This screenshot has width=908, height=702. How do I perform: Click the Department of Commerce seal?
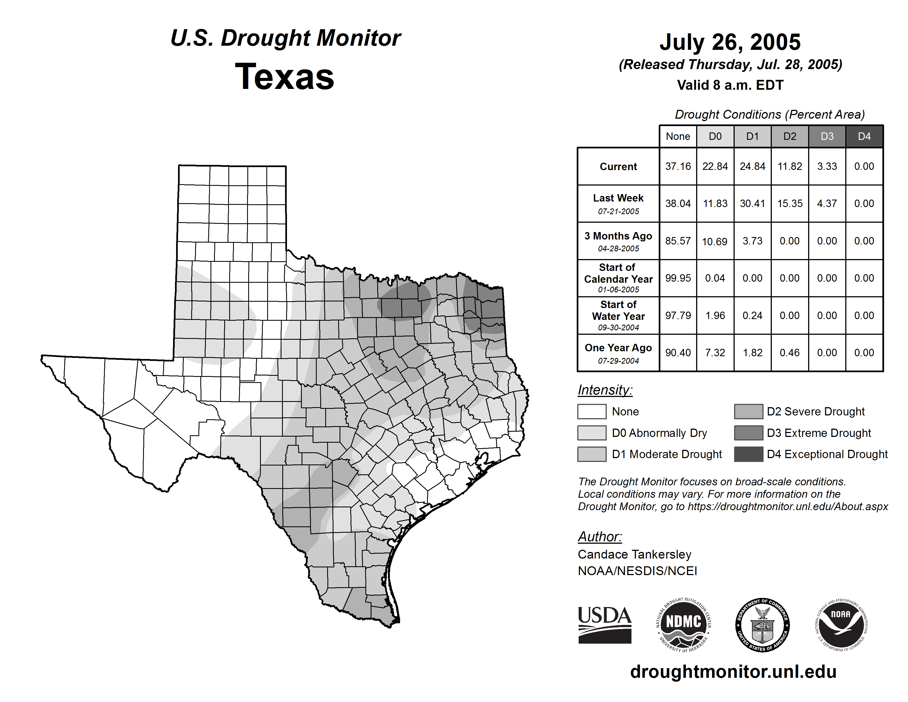tap(762, 625)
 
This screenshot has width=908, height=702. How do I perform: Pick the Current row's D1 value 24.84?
tap(753, 166)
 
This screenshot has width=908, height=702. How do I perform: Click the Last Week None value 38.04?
tap(678, 203)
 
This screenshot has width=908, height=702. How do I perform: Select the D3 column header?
tap(827, 136)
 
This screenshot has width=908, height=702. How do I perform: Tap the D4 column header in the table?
tap(864, 136)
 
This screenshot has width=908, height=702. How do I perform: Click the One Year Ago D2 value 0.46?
tap(789, 353)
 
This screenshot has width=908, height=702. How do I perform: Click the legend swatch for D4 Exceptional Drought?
tap(748, 454)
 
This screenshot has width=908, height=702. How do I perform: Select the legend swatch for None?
tap(592, 411)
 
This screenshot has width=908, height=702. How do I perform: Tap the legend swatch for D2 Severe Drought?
tap(748, 411)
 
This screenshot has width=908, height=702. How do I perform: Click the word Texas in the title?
tap(285, 77)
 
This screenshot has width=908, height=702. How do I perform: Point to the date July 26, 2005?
tap(730, 42)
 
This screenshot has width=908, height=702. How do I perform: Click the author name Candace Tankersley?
tap(634, 554)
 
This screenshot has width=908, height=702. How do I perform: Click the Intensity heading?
tap(605, 390)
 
